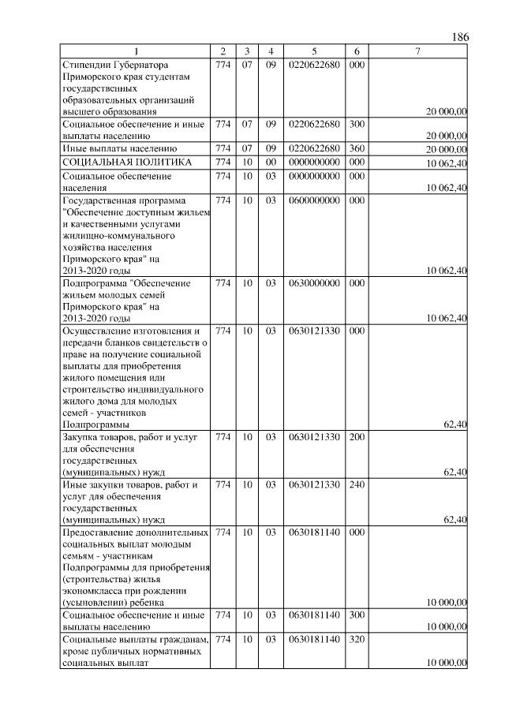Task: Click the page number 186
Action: pyautogui.click(x=461, y=38)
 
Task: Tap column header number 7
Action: pyautogui.click(x=418, y=51)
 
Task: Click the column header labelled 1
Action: pyautogui.click(x=136, y=51)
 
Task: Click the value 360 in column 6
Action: pyautogui.click(x=357, y=148)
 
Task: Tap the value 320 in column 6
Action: pyautogui.click(x=357, y=638)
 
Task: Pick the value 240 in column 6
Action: pyautogui.click(x=357, y=484)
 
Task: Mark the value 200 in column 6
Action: pyautogui.click(x=357, y=436)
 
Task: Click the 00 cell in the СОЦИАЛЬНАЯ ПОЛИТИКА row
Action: pyautogui.click(x=270, y=162)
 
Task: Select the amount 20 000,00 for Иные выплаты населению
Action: pyautogui.click(x=447, y=149)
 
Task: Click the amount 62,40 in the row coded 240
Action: pyautogui.click(x=455, y=520)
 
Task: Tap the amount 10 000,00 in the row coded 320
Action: pyautogui.click(x=447, y=664)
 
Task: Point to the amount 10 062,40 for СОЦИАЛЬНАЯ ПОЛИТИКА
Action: pyautogui.click(x=447, y=163)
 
